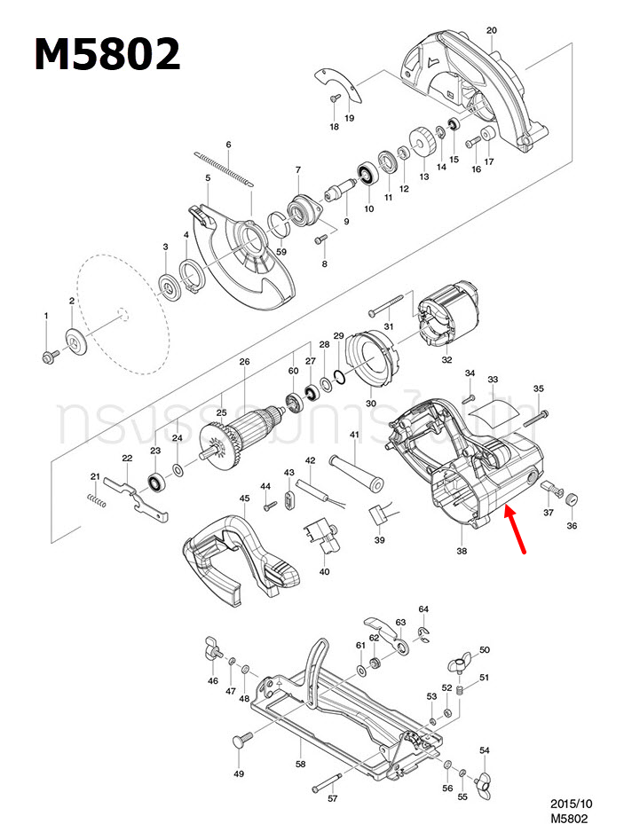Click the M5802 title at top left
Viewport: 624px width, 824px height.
click(107, 55)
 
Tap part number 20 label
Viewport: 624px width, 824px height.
click(491, 30)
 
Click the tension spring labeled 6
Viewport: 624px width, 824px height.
click(225, 169)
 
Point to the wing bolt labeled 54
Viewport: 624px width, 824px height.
click(483, 782)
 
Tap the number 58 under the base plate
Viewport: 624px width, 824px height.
click(300, 764)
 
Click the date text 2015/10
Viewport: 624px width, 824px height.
click(571, 804)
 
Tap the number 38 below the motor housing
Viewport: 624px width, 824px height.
click(461, 550)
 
